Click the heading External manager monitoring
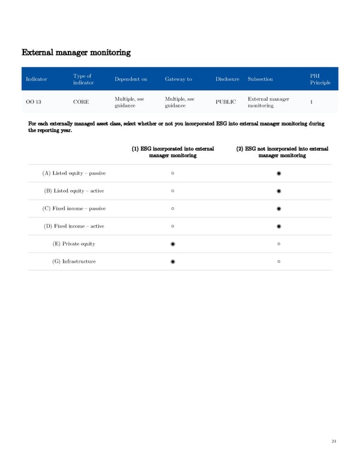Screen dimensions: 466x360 pyautogui.click(x=76, y=52)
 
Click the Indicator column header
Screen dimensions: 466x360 pyautogui.click(x=37, y=79)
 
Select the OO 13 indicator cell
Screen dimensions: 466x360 pyautogui.click(x=34, y=102)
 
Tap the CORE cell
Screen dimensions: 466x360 pyautogui.click(x=81, y=102)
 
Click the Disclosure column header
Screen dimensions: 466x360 pyautogui.click(x=227, y=79)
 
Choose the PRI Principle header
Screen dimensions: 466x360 pyautogui.click(x=320, y=79)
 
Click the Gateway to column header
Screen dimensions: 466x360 pyautogui.click(x=178, y=79)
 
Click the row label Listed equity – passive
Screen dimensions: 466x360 pyautogui.click(x=74, y=174)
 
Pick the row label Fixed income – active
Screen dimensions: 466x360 pyautogui.click(x=74, y=226)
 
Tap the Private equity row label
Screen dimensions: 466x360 pyautogui.click(x=74, y=244)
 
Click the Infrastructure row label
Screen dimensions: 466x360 pyautogui.click(x=74, y=262)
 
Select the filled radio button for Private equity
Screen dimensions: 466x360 pyautogui.click(x=173, y=244)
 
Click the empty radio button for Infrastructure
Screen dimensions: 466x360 pyautogui.click(x=280, y=262)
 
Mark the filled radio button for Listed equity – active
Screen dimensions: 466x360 pyautogui.click(x=280, y=191)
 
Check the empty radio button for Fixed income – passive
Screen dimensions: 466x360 pyautogui.click(x=173, y=209)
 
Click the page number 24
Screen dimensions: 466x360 pyautogui.click(x=334, y=442)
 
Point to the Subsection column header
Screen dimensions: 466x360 pyautogui.click(x=260, y=79)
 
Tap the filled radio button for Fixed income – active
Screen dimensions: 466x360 pyautogui.click(x=280, y=226)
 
